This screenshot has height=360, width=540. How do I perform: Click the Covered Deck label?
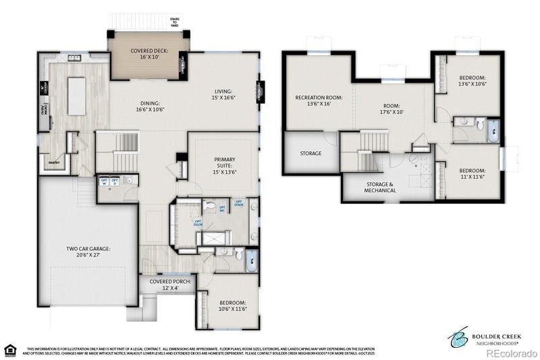point(148,54)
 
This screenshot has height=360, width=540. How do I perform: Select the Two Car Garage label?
point(88,253)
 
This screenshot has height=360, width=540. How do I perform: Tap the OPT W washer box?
point(105,182)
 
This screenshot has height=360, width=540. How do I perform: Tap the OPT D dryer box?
point(115,182)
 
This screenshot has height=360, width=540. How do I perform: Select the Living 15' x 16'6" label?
point(223,95)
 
